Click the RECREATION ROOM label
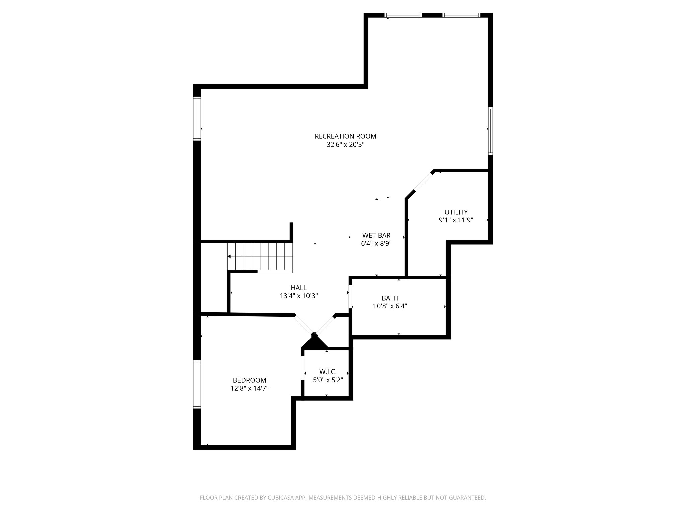tap(345, 136)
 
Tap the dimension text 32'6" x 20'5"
tap(345, 145)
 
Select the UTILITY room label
tap(456, 212)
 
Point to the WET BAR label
tap(376, 235)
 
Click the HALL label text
tap(298, 288)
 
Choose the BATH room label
tap(390, 298)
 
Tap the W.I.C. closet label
tap(328, 372)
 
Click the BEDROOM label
tap(250, 380)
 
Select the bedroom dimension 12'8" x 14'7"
tap(250, 389)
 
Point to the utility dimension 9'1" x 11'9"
tap(456, 220)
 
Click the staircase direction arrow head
tap(229, 256)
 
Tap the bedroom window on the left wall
tap(197, 384)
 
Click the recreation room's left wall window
tap(197, 118)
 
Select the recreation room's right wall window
tap(490, 130)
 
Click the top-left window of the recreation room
tap(403, 15)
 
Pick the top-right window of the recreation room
tap(461, 15)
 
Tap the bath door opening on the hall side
tap(350, 296)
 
